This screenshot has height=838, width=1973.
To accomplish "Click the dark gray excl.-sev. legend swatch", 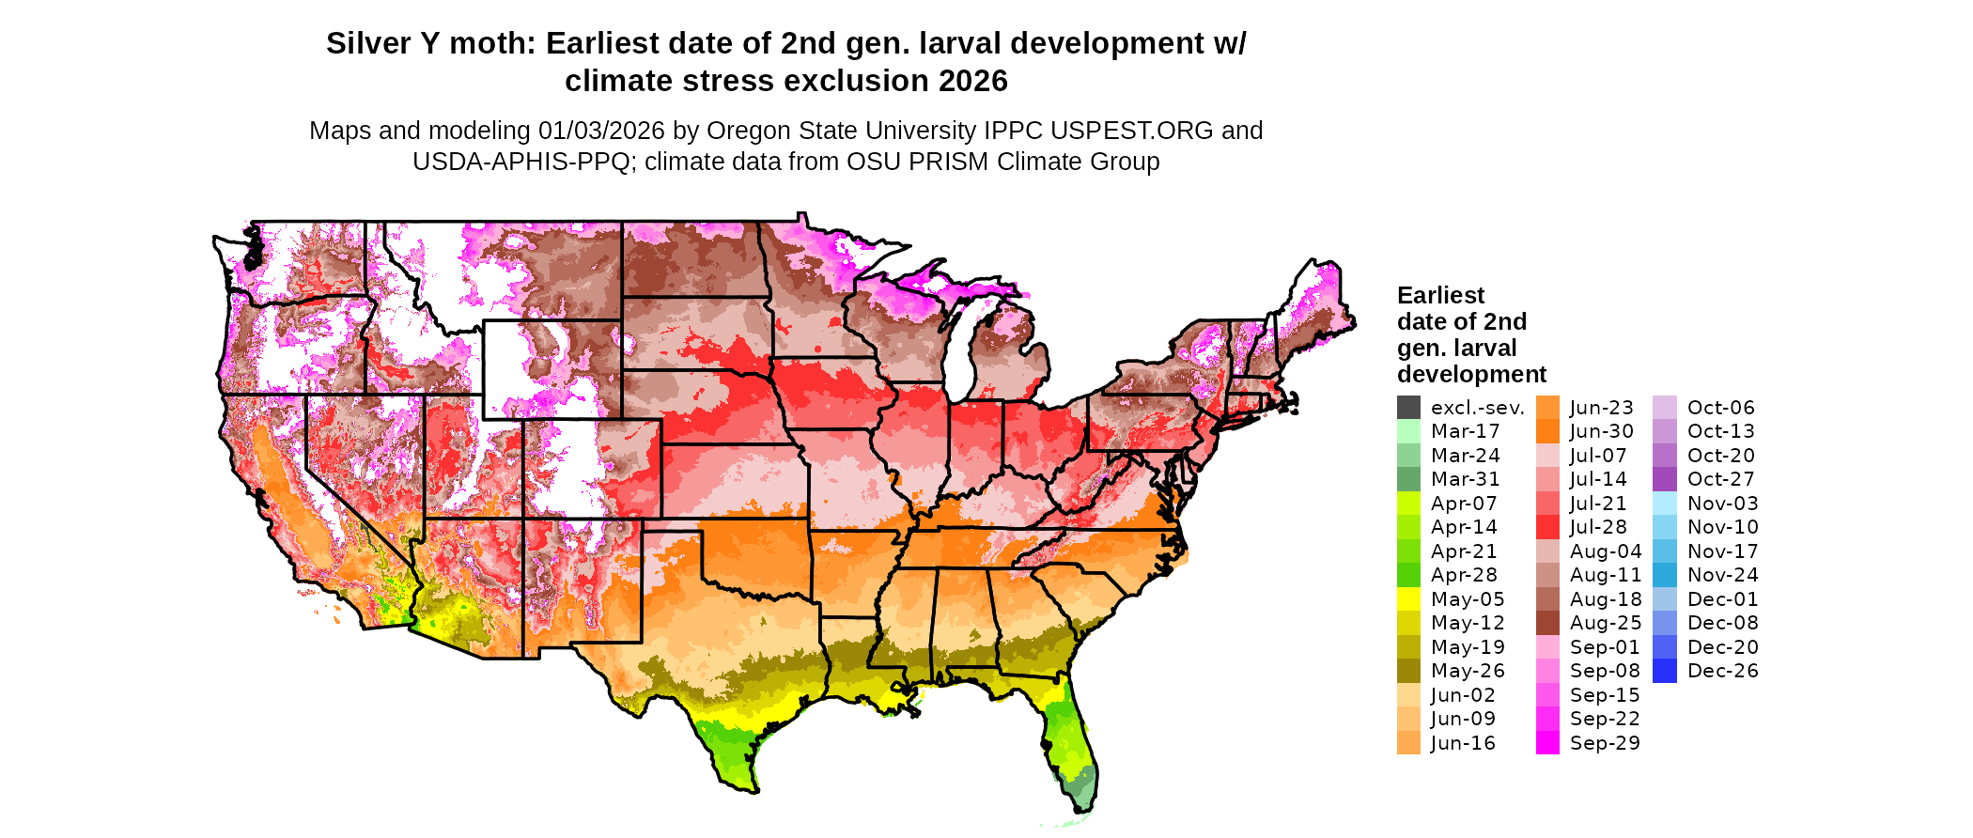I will (1408, 408).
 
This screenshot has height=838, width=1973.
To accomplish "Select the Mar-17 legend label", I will (1465, 431).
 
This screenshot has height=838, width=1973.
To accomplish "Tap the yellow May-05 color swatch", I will (1408, 599).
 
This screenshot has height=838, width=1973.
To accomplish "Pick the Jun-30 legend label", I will (1602, 431).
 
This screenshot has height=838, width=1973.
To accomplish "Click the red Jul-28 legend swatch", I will (1547, 527).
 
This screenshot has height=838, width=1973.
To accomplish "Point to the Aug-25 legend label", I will (1606, 623).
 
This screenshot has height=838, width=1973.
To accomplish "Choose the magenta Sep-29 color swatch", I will (1547, 743).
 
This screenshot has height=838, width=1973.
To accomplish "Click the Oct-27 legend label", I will (1720, 479).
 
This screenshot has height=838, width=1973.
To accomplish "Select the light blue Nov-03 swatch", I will (1664, 504).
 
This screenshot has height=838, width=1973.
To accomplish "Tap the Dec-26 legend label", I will (1722, 671).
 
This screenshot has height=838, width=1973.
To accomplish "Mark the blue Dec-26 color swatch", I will (1664, 671).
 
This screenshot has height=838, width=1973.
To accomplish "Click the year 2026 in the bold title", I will (969, 82).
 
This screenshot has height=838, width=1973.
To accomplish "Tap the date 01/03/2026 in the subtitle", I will (601, 131).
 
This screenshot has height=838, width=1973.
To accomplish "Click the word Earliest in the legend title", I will (1440, 296).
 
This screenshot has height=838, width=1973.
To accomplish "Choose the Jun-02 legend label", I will (1463, 695).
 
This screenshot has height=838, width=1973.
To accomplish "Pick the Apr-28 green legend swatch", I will (1408, 575).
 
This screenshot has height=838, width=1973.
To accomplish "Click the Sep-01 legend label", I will (1605, 647).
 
